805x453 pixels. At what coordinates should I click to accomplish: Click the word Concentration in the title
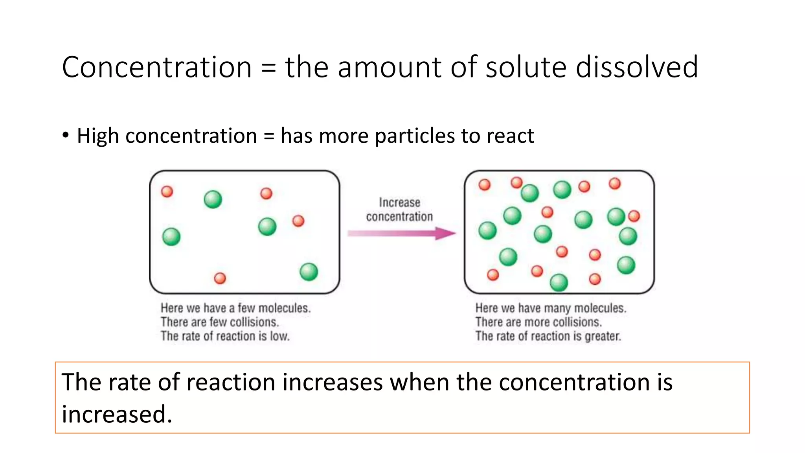tap(156, 67)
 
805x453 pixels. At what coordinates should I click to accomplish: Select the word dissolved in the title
tap(637, 67)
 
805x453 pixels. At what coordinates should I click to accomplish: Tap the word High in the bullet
tap(97, 136)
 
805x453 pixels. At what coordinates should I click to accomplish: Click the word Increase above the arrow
tap(399, 203)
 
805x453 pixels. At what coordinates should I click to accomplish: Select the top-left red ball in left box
tap(167, 192)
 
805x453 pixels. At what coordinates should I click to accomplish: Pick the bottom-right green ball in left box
tap(309, 272)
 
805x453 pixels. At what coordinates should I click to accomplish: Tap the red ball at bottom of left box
tap(220, 278)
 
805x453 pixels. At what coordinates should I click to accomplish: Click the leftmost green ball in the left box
tap(171, 237)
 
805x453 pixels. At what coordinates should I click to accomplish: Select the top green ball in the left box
tap(213, 199)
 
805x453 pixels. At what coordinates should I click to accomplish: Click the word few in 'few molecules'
tap(246, 308)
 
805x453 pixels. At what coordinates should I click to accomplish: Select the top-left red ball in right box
tap(484, 184)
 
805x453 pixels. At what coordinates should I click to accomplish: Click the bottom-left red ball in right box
tap(493, 274)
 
